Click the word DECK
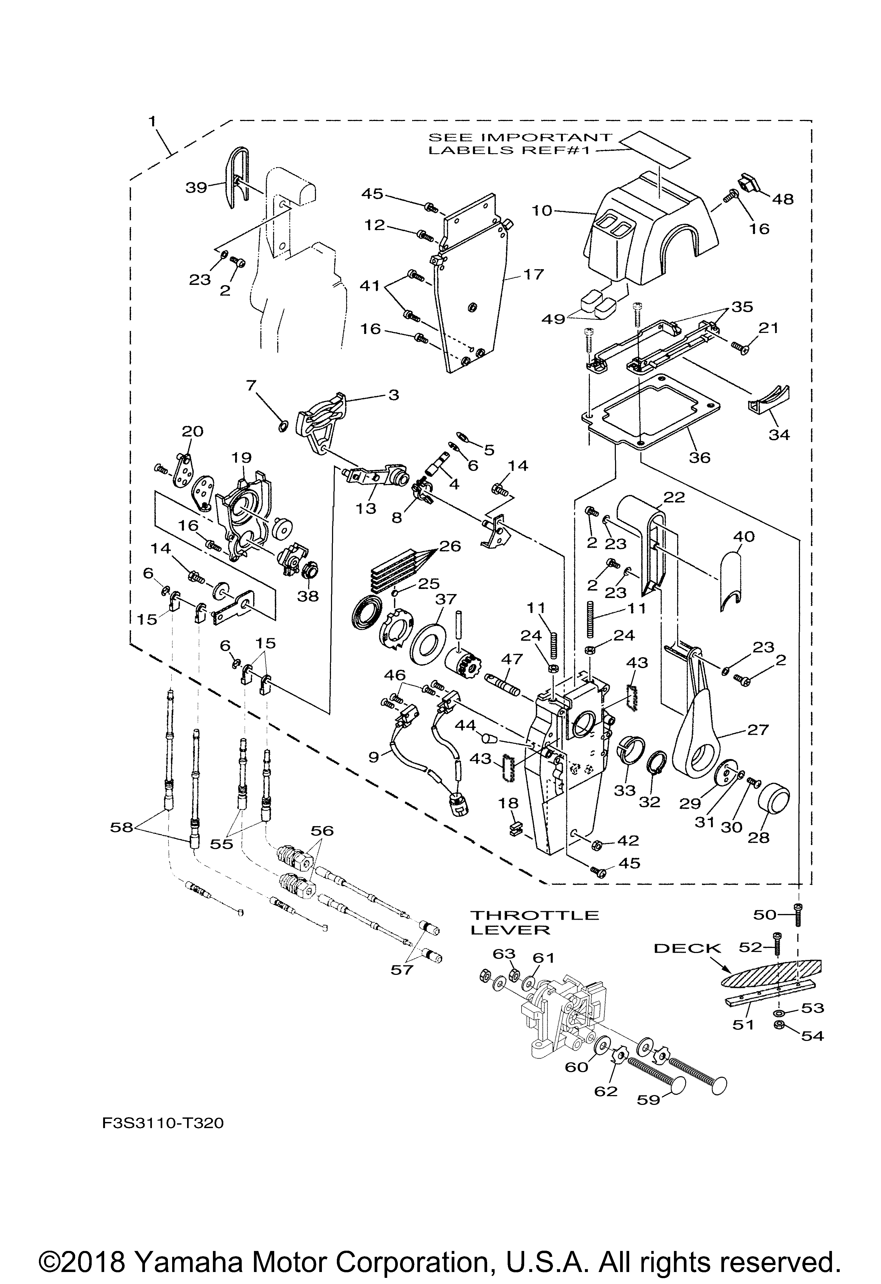(688, 948)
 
